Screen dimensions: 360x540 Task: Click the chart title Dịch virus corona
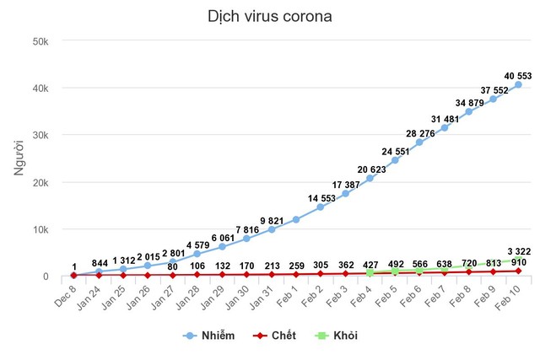click(269, 16)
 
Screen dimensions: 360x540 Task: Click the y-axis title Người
click(19, 159)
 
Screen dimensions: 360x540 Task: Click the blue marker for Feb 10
click(518, 84)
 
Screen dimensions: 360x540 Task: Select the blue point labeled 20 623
click(370, 178)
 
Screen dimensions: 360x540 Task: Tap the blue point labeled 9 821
click(272, 229)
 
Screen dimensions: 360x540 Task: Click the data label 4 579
click(197, 244)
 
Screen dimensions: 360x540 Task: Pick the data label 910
click(518, 262)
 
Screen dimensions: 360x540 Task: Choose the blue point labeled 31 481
click(444, 127)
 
